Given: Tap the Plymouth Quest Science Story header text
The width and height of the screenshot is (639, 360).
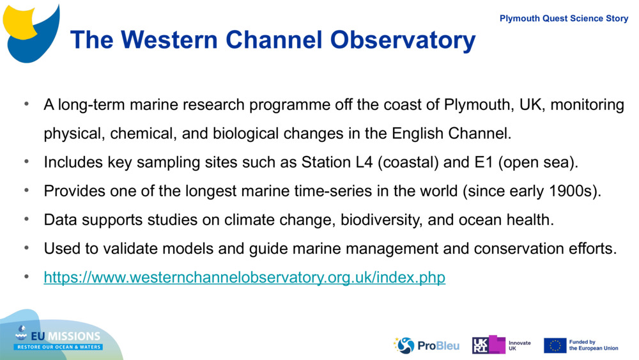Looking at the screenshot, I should pyautogui.click(x=564, y=19).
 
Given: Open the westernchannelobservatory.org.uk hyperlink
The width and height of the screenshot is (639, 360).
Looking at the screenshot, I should pyautogui.click(x=244, y=278).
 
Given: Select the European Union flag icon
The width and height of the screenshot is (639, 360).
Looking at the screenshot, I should pyautogui.click(x=555, y=345).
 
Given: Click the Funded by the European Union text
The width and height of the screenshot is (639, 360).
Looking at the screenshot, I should pyautogui.click(x=593, y=345).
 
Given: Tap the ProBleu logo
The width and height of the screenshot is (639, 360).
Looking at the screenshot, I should pyautogui.click(x=426, y=346).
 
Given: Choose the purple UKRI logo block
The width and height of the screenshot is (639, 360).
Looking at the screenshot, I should pyautogui.click(x=488, y=345).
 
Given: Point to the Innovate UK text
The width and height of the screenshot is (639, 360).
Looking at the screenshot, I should pyautogui.click(x=519, y=345).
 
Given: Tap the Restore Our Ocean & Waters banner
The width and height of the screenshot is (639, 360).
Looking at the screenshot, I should pyautogui.click(x=59, y=347).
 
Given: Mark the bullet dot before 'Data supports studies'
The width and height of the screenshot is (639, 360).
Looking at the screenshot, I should pyautogui.click(x=27, y=219).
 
